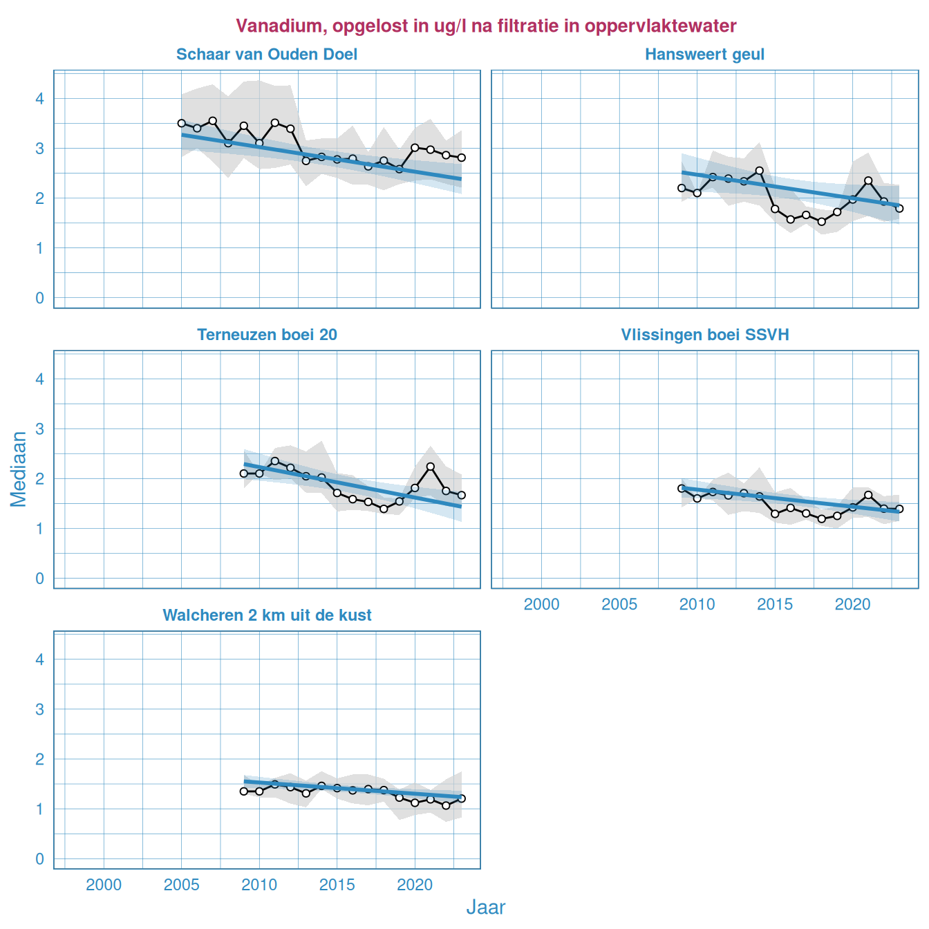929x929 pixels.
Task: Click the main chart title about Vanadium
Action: [486, 26]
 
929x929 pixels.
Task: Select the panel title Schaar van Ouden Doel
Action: [267, 55]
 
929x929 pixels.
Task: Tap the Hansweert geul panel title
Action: [704, 55]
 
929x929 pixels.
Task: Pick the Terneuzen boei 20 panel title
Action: [267, 335]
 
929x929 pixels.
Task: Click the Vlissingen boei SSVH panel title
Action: [704, 335]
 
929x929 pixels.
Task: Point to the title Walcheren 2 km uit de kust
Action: [267, 615]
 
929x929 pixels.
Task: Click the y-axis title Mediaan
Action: [19, 469]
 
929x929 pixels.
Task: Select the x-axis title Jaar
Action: [486, 908]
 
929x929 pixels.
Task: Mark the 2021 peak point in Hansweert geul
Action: [868, 181]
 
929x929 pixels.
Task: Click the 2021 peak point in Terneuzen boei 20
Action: [431, 467]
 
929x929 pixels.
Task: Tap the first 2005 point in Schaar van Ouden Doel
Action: [182, 123]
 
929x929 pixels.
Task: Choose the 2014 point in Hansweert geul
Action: [759, 171]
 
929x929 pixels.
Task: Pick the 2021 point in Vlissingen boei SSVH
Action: [868, 495]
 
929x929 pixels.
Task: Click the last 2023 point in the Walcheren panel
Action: [462, 798]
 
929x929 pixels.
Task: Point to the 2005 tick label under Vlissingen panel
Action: [619, 605]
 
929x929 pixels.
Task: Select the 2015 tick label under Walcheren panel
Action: [337, 885]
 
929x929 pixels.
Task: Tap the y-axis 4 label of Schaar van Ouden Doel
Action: [40, 99]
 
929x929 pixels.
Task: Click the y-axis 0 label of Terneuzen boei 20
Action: [40, 579]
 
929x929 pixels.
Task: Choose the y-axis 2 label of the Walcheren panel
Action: [40, 759]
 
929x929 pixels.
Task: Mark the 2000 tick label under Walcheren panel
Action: [104, 885]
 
